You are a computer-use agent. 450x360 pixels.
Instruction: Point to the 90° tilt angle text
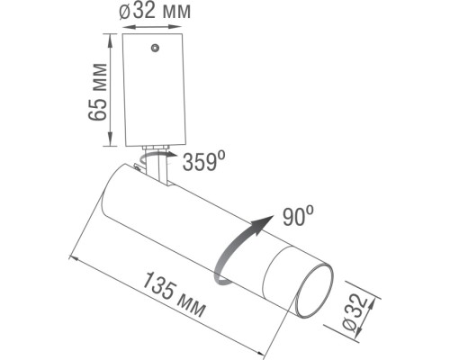[x=296, y=216]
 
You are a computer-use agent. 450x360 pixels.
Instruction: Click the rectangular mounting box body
[x=155, y=90]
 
